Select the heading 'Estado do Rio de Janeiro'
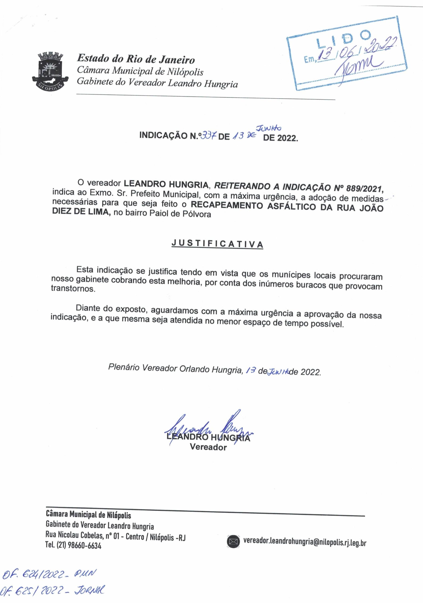[136, 59]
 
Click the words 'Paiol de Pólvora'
[180, 214]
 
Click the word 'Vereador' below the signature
[208, 447]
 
